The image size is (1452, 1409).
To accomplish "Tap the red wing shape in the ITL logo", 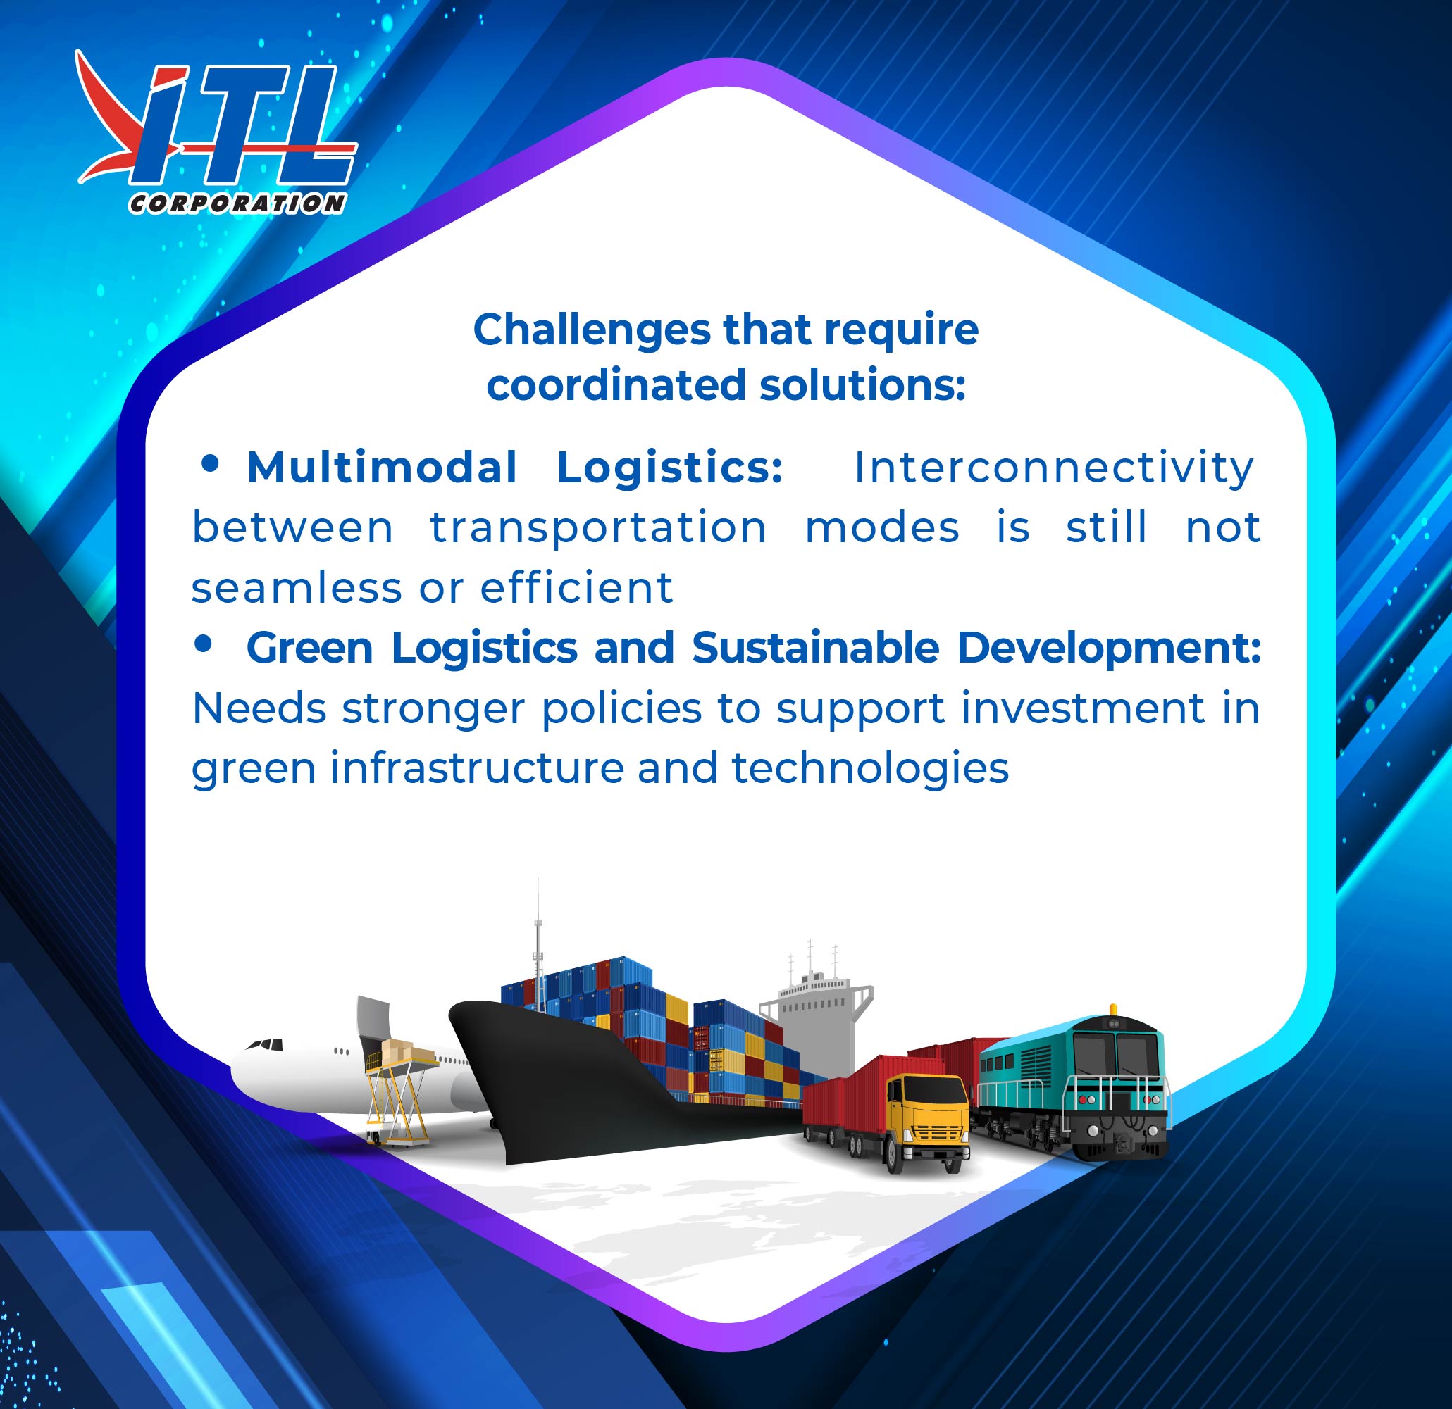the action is tap(111, 118).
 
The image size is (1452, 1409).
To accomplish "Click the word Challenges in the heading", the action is tap(592, 331).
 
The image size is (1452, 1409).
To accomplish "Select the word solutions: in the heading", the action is tap(863, 386).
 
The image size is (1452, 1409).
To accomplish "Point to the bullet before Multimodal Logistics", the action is tap(210, 463).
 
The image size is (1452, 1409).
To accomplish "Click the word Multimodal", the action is tap(382, 468).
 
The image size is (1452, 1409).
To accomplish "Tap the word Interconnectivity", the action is tap(1053, 468).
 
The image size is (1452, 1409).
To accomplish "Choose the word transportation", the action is tap(599, 528).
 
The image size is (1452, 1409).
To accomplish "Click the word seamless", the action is tap(297, 589).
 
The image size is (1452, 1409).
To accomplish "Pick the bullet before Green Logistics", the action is tap(202, 644).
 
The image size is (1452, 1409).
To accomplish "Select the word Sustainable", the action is tap(816, 648).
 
